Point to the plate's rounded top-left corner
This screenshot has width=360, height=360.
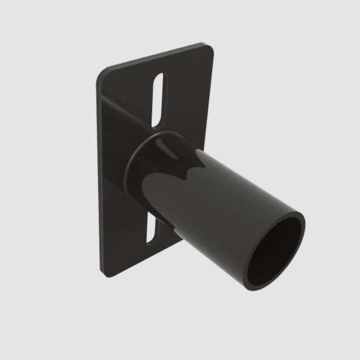tap(103, 74)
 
